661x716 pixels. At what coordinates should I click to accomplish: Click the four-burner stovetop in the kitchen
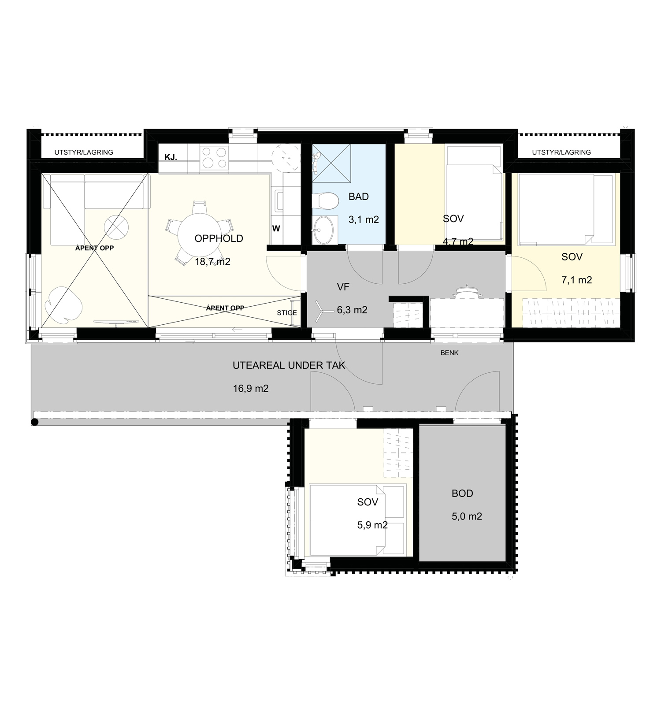click(x=214, y=157)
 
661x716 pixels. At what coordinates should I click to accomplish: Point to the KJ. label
click(x=171, y=157)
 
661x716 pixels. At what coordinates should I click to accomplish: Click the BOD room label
click(x=462, y=493)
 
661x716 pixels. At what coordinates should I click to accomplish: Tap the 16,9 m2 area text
click(x=251, y=388)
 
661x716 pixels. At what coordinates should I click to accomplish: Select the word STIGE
click(x=287, y=313)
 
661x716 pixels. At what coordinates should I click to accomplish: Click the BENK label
click(x=449, y=353)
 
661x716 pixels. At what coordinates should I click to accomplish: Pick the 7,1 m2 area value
click(x=576, y=280)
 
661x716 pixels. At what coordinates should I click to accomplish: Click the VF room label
click(x=343, y=287)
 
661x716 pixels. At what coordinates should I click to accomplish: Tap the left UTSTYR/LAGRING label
click(x=84, y=152)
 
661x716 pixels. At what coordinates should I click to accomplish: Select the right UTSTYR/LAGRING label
click(x=561, y=152)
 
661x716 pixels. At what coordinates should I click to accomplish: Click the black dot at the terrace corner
click(x=35, y=422)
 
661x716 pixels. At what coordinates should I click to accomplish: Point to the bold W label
click(x=276, y=229)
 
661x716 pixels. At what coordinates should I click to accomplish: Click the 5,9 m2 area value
click(x=372, y=525)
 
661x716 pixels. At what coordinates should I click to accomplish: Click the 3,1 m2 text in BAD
click(x=364, y=219)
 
